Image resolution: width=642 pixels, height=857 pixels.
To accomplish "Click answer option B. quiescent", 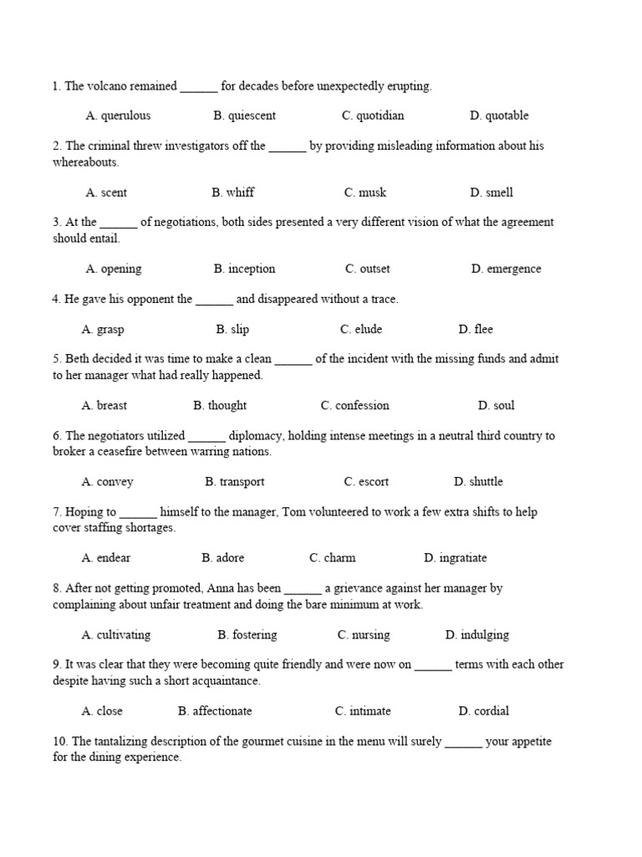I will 244,115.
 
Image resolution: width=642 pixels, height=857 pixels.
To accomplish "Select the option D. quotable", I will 499,115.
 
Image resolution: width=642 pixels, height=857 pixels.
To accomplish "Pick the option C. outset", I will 367,269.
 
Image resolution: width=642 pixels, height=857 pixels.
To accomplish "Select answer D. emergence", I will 506,269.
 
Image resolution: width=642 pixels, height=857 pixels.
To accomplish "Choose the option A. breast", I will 104,406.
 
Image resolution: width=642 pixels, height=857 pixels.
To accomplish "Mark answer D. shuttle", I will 478,482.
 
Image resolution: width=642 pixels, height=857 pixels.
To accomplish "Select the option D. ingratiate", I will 455,558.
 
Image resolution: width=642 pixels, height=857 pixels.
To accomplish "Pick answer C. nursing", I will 364,635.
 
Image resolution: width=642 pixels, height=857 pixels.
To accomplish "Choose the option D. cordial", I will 483,711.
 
